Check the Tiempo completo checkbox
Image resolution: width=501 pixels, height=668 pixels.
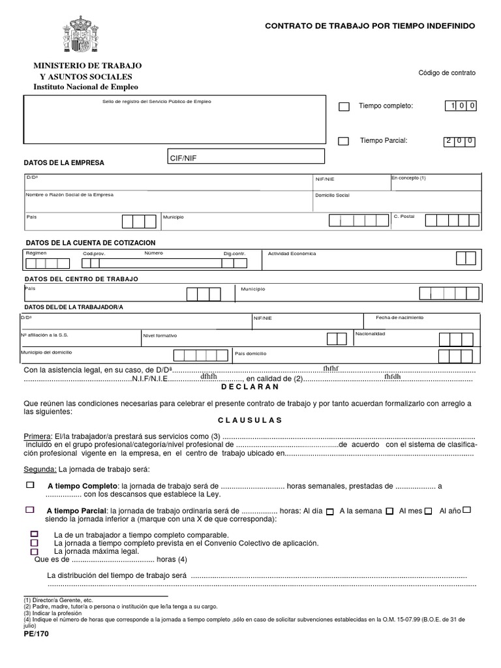[344, 107]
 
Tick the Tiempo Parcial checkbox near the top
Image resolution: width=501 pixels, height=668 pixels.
[344, 142]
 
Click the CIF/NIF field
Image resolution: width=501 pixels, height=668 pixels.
[245, 157]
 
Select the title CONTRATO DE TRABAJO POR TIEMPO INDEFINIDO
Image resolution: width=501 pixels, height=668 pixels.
[370, 25]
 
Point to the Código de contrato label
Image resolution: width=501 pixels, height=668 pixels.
[447, 72]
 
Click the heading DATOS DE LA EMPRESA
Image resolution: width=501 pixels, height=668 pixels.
[64, 162]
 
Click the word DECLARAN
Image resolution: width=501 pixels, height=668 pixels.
[250, 387]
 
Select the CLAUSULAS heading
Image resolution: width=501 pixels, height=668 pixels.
[250, 420]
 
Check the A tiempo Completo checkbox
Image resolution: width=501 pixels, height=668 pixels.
[30, 485]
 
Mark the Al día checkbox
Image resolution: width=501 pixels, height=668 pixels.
[330, 511]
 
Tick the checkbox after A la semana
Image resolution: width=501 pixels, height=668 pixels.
[389, 511]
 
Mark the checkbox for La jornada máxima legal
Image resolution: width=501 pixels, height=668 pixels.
[35, 551]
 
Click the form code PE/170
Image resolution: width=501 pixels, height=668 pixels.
[36, 633]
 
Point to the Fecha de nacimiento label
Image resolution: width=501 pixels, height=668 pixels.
[399, 318]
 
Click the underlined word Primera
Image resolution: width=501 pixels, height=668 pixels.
[37, 436]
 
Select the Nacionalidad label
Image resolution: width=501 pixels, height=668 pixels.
[370, 334]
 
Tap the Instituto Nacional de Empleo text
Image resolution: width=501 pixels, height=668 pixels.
[85, 87]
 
